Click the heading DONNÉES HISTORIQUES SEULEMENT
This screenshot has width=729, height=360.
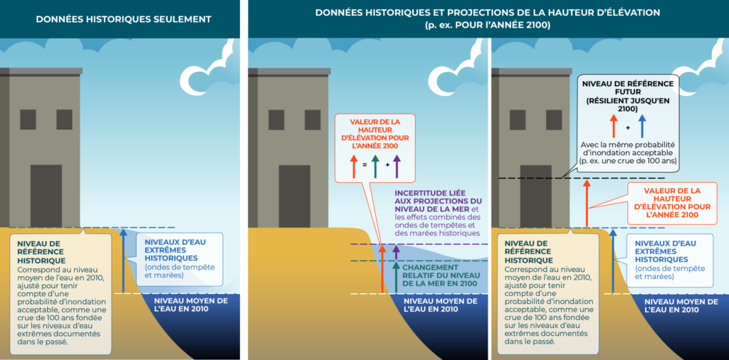coord(124,19)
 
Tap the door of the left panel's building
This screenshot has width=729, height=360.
coord(46,196)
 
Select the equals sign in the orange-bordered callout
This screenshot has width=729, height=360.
coord(364,164)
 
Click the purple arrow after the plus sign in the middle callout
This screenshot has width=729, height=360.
coord(397,166)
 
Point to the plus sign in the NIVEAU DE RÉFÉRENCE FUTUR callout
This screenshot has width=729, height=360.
coord(628,127)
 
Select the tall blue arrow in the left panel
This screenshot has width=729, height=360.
coord(123,260)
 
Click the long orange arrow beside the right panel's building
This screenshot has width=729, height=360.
coord(587,203)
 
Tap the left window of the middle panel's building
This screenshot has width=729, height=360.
coord(276,120)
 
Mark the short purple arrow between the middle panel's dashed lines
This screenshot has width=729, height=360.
coord(396,253)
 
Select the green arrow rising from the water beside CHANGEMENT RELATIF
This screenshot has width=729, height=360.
coord(396,277)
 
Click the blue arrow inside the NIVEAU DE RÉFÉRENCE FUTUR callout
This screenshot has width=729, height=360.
coord(643,126)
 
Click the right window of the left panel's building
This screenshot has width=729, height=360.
coord(64,120)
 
